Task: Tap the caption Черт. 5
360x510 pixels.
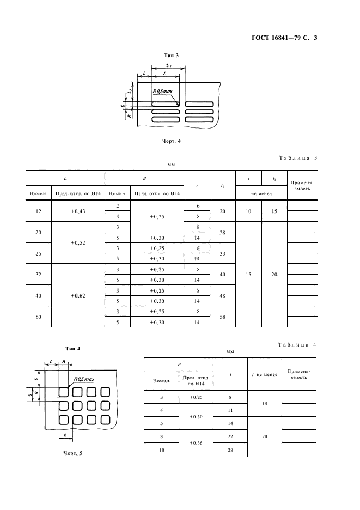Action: pos(72,452)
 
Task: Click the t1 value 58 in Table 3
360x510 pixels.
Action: pos(222,317)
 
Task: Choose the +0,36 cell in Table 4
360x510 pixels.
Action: pos(196,443)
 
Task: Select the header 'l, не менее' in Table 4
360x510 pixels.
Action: pos(264,374)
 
